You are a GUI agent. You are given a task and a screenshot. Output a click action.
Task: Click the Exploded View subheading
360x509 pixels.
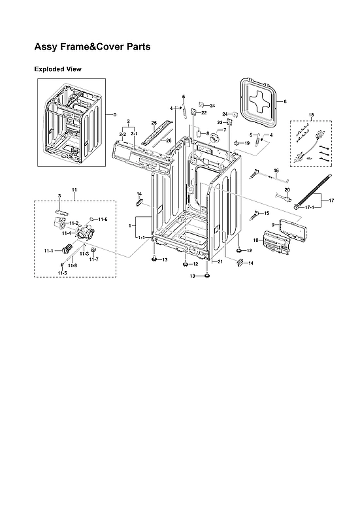[57, 69]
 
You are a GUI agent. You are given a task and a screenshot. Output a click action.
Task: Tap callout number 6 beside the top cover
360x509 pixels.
[286, 101]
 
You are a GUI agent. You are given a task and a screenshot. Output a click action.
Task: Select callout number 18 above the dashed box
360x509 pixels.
[311, 115]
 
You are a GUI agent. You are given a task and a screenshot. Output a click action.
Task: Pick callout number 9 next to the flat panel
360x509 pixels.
[274, 225]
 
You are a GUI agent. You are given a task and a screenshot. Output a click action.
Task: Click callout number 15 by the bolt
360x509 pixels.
[266, 214]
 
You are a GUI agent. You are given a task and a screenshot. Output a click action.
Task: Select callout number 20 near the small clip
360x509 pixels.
[287, 189]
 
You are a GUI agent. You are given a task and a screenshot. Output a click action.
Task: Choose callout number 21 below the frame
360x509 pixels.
[220, 261]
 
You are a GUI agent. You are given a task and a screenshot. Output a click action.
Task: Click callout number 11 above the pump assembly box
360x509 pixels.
[74, 189]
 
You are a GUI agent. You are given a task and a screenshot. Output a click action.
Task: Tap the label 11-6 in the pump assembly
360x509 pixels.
[103, 219]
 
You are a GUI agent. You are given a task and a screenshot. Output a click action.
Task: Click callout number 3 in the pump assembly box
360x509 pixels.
[59, 195]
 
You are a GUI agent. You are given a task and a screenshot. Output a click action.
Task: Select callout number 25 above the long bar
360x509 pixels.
[154, 123]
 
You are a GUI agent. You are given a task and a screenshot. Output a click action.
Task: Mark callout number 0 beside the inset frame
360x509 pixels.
[114, 115]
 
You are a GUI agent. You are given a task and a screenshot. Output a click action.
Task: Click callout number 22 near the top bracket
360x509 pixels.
[204, 113]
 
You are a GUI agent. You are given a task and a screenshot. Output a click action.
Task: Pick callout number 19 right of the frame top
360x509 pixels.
[247, 143]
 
